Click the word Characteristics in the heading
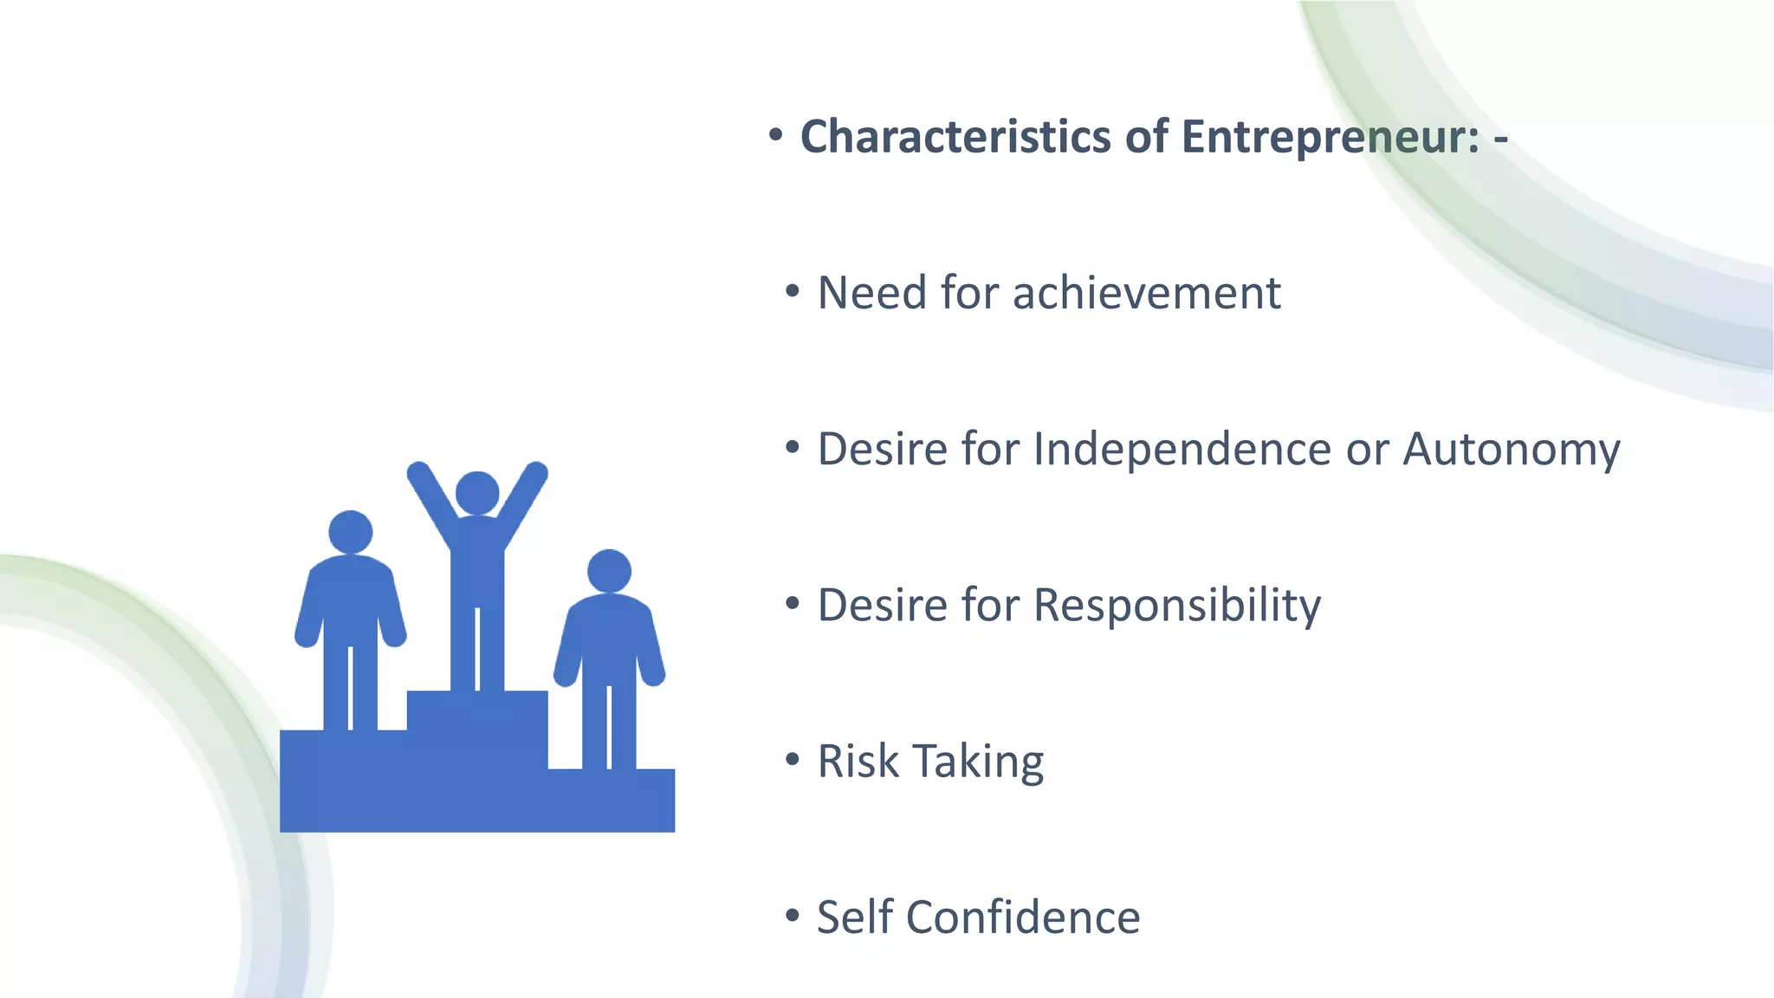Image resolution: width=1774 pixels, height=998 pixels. coord(955,138)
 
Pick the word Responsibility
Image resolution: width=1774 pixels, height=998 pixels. coord(1177,605)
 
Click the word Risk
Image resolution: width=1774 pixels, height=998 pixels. coord(858,761)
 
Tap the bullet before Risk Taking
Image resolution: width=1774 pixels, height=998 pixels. coord(792,760)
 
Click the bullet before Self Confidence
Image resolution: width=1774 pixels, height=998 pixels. coord(792,916)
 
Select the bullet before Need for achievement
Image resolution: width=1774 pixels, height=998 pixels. coord(792,292)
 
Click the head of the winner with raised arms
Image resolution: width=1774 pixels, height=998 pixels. coord(477,493)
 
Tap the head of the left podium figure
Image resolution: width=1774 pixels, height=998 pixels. coord(351,532)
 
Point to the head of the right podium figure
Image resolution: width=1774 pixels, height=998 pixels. coord(609,571)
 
